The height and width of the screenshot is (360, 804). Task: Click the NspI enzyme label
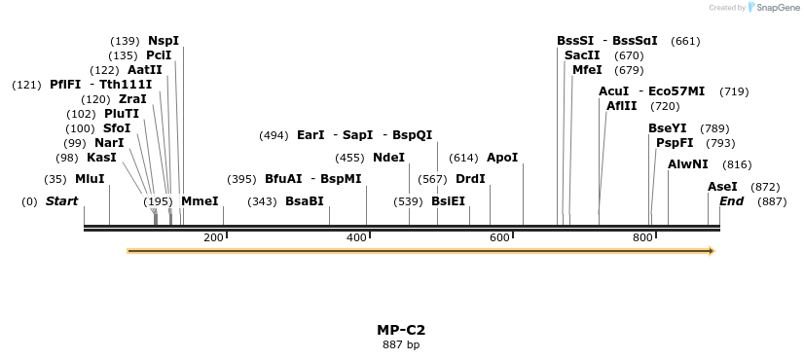[164, 41]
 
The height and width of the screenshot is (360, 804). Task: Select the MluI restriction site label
[90, 179]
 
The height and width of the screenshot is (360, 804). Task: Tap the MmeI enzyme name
[200, 201]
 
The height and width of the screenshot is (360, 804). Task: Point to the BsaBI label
[305, 201]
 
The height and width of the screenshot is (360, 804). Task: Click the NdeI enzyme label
[388, 157]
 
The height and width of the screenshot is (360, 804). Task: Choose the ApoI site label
[502, 157]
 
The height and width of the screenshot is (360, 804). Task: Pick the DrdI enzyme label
[470, 179]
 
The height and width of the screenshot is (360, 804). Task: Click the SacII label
[582, 55]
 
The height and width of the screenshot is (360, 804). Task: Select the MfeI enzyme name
[587, 70]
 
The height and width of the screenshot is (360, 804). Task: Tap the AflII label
[622, 106]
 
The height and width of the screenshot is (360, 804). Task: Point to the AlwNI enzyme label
[688, 164]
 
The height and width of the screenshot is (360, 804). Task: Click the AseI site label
[722, 187]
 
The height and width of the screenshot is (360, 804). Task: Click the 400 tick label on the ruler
[356, 237]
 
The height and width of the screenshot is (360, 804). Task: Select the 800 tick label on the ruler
[642, 237]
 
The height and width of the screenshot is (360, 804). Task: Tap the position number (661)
[685, 41]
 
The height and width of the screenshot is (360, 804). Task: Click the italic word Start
[61, 201]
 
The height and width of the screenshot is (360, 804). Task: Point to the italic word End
[731, 201]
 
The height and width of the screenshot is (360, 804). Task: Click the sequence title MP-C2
[401, 330]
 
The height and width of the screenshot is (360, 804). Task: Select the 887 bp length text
[401, 344]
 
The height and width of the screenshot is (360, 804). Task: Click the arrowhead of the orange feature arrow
[712, 251]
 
